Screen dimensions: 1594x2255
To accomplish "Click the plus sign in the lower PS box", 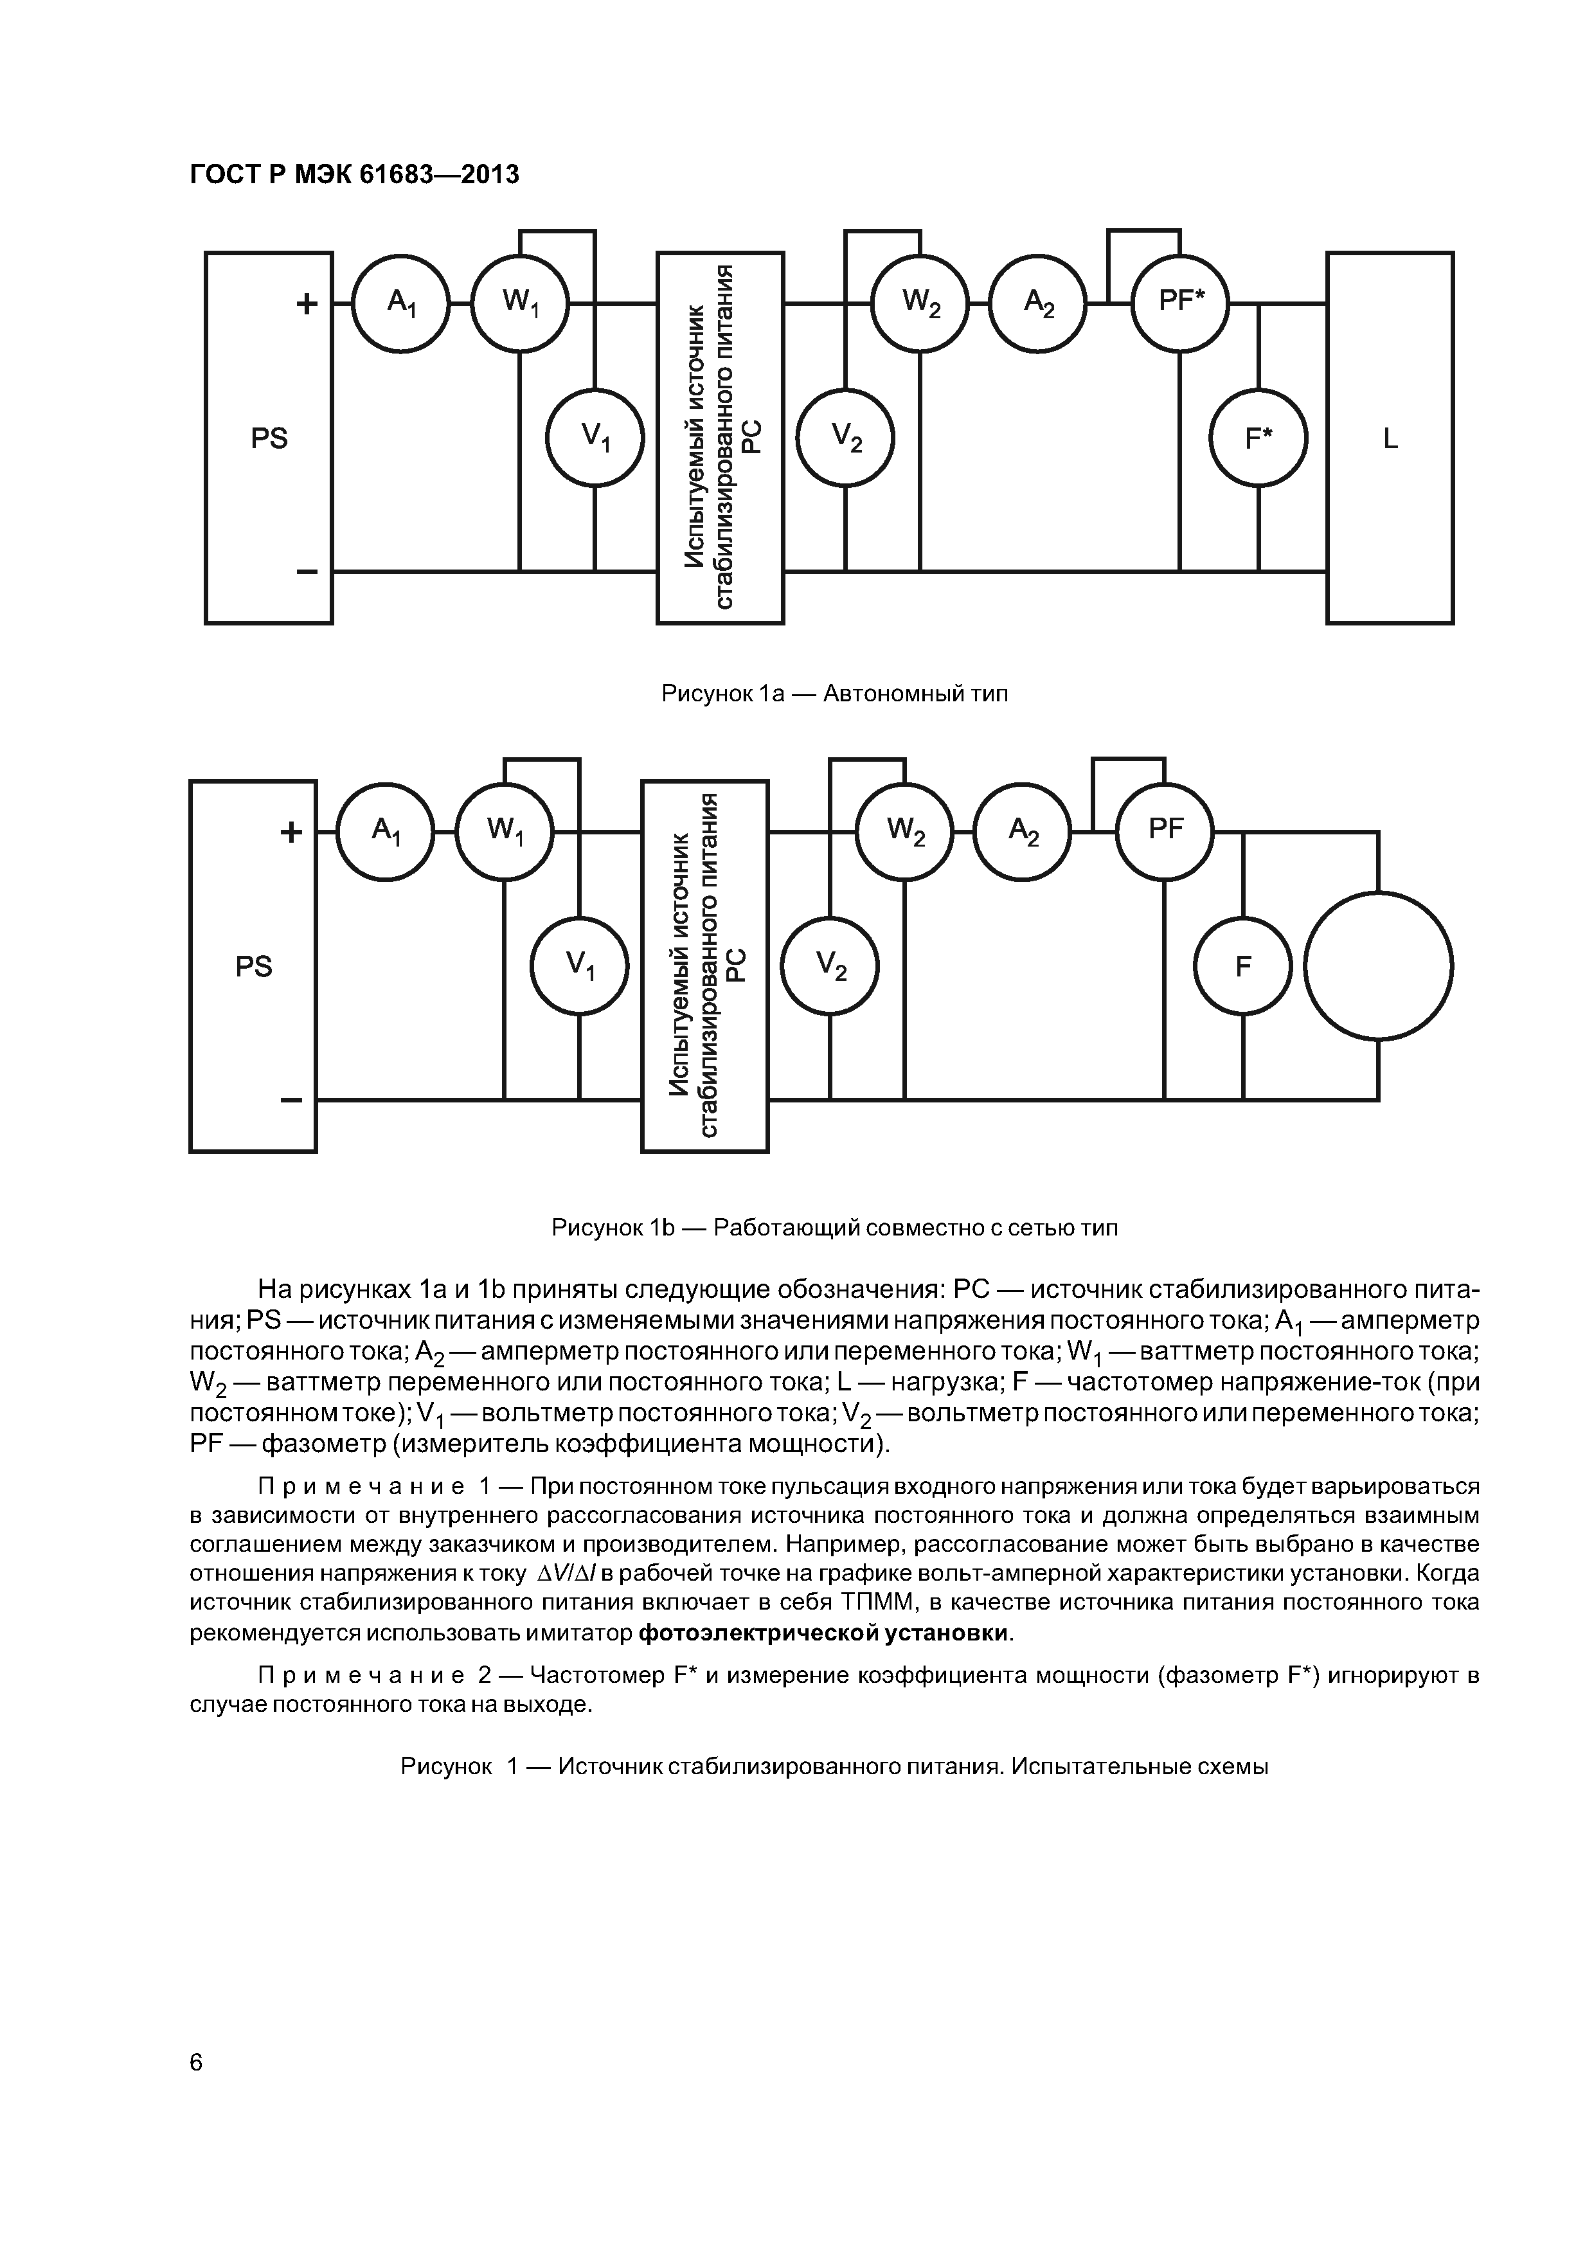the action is [292, 832].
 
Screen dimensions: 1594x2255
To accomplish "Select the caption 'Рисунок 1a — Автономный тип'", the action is [835, 694].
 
